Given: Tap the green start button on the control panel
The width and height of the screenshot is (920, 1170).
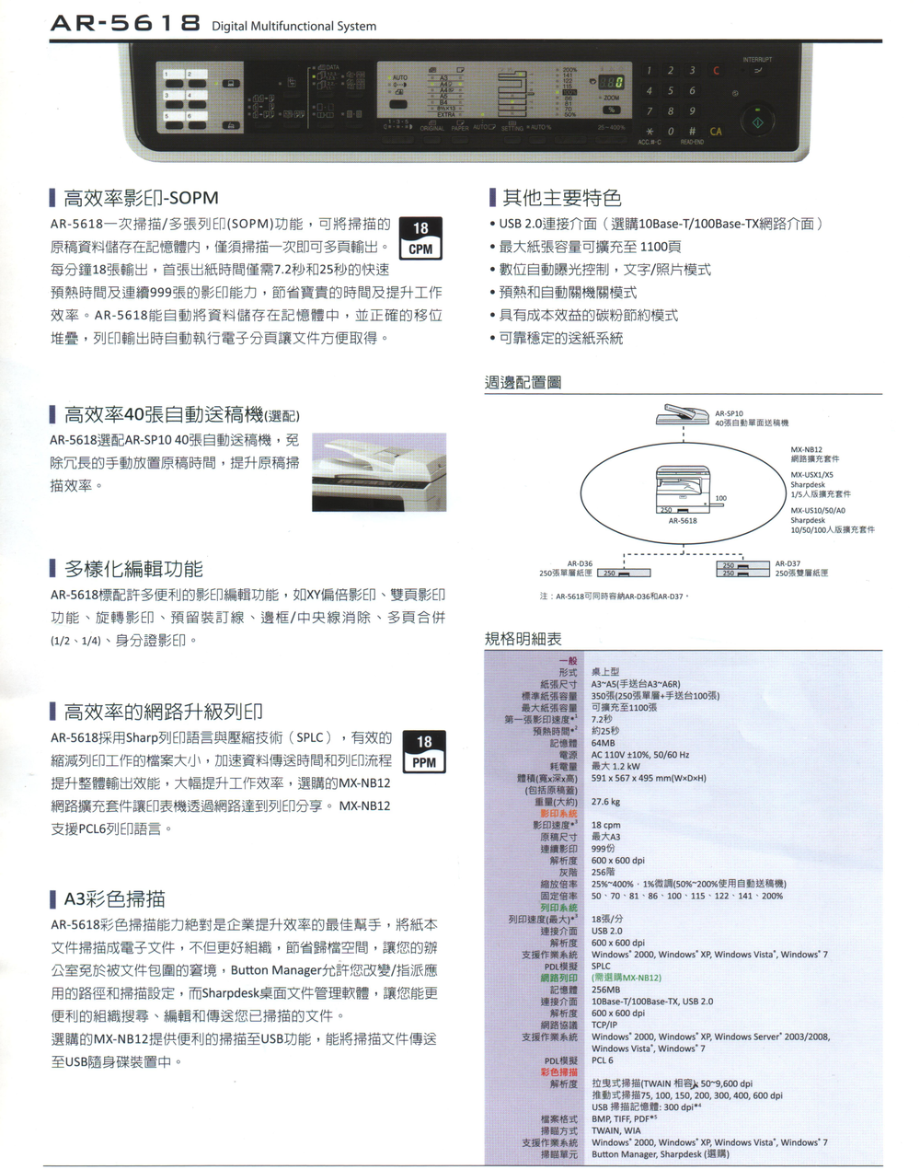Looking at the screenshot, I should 758,121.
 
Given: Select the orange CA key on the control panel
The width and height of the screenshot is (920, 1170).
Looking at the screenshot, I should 716,132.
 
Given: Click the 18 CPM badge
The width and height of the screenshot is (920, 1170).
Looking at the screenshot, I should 420,238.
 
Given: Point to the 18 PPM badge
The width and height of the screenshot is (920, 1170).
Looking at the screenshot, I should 423,751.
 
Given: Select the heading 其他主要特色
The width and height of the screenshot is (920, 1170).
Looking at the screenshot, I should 561,198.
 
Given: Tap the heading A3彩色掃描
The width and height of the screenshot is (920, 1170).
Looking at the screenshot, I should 115,898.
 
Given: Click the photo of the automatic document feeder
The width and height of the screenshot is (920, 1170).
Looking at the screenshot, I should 379,471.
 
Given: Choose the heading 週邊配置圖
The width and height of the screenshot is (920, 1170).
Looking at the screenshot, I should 523,382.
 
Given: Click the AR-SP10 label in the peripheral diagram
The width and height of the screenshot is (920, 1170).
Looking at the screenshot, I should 730,413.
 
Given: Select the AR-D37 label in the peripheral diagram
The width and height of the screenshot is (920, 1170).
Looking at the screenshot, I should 788,563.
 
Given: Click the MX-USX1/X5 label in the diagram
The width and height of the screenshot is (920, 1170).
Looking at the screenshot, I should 812,475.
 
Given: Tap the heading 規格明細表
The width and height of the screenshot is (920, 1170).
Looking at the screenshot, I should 523,639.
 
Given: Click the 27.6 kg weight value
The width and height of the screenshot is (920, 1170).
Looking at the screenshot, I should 605,802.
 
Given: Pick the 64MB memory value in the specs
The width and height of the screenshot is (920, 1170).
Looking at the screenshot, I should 604,743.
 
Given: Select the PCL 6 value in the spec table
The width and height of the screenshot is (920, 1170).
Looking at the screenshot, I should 604,1060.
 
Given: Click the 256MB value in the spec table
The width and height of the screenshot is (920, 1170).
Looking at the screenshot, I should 605,990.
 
